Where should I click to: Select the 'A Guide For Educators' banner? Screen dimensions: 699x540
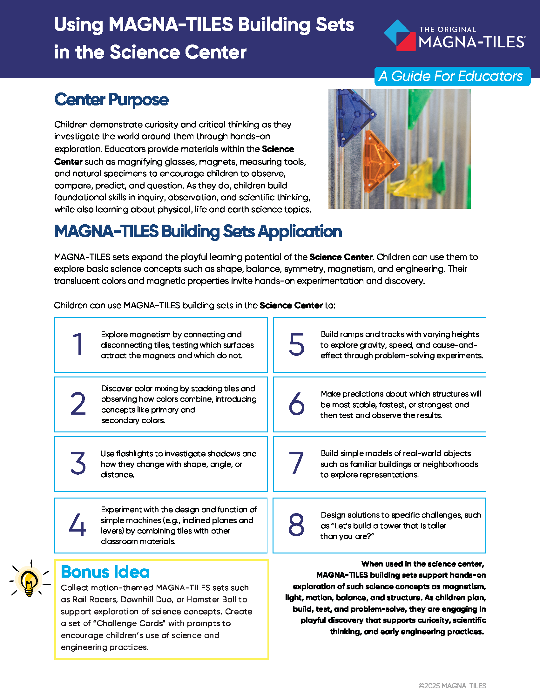452,76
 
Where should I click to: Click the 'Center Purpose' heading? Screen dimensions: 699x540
111,99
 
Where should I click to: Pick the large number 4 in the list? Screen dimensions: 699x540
78,525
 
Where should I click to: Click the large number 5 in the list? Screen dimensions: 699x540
297,344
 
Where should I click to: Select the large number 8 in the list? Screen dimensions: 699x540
296,525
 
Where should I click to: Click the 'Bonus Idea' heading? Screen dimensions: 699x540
105,572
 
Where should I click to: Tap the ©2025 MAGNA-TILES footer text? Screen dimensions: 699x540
452,686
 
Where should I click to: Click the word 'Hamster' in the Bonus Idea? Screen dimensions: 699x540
201,600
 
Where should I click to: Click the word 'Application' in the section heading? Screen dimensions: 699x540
300,231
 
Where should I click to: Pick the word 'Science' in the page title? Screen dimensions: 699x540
145,52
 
